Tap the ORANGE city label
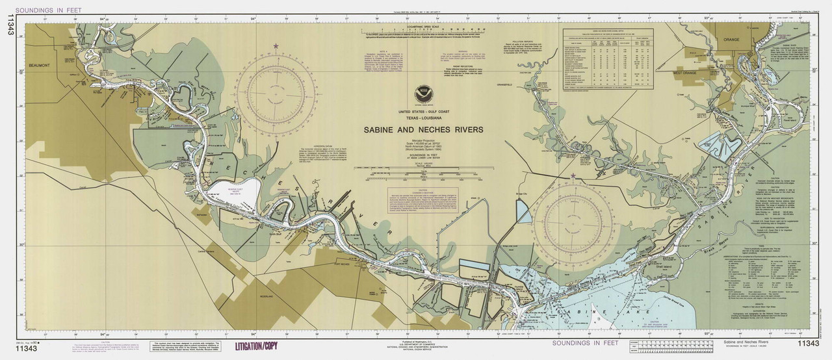[x=730, y=39]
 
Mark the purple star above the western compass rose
[x=276, y=46]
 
